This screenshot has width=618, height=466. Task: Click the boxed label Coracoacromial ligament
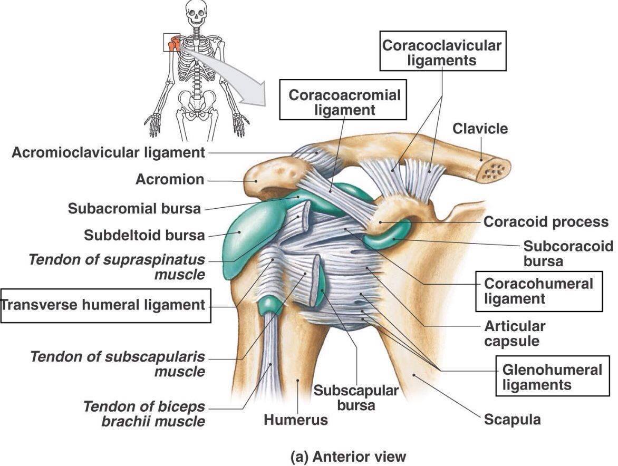pyautogui.click(x=344, y=102)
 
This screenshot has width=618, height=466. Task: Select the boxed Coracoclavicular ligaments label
pyautogui.click(x=442, y=52)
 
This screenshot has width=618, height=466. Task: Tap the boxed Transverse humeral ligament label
pyautogui.click(x=105, y=305)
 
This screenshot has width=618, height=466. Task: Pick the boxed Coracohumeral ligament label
pyautogui.click(x=538, y=291)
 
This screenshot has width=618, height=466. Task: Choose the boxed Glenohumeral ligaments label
pyautogui.click(x=552, y=377)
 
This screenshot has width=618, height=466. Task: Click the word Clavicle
pyautogui.click(x=480, y=129)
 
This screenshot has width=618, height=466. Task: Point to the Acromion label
pyautogui.click(x=169, y=179)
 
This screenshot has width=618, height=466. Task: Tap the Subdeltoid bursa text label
pyautogui.click(x=144, y=235)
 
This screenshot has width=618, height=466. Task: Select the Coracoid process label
pyautogui.click(x=546, y=222)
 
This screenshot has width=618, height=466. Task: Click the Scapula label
pyautogui.click(x=512, y=420)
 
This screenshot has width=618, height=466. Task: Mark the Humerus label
pyautogui.click(x=295, y=420)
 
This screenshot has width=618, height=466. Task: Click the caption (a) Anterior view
pyautogui.click(x=349, y=455)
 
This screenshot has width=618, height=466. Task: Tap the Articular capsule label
pyautogui.click(x=512, y=333)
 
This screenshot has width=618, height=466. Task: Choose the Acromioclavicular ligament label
pyautogui.click(x=108, y=153)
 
